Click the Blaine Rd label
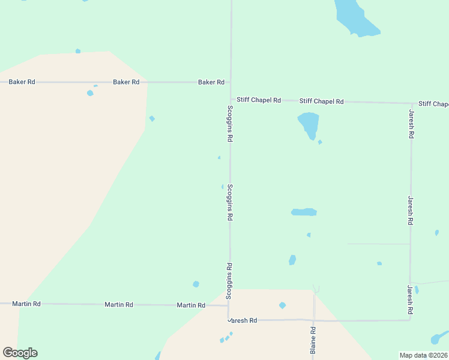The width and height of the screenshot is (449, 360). pos(313,340)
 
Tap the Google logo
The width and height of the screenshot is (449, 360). pos(20,353)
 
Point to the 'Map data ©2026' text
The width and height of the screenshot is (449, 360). pos(424,355)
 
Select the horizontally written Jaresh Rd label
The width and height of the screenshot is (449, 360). pos(243,320)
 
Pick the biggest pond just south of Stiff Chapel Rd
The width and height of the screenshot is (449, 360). pos(309,124)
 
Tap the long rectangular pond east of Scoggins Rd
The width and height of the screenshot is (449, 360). pos(304,212)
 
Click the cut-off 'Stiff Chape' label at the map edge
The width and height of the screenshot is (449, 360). pos(433,104)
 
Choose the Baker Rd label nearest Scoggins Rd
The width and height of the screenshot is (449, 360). pos(211,82)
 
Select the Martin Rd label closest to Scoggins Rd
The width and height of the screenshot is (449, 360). pos(191,305)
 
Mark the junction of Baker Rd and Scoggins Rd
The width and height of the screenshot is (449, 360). pos(231,82)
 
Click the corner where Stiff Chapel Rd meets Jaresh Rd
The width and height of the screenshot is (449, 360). pos(411,103)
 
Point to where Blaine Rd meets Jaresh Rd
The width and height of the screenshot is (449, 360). pos(314,320)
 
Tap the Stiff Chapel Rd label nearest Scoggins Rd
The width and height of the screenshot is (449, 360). pos(259,100)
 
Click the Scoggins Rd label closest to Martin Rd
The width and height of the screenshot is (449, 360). pos(229,281)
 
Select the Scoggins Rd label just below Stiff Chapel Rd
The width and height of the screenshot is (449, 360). pos(230,123)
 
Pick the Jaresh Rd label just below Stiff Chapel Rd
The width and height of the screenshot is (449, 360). pos(411,124)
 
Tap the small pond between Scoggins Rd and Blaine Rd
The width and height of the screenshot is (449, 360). pos(282,305)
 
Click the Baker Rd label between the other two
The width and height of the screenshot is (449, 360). pos(126,82)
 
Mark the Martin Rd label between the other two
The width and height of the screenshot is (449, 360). pos(119,305)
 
